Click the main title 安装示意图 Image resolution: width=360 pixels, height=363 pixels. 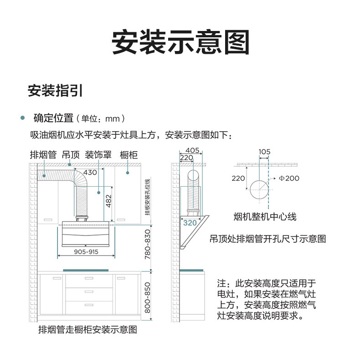click(180, 43)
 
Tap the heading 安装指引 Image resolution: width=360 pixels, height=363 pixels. click(55, 90)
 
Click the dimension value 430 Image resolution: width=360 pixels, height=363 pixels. click(90, 173)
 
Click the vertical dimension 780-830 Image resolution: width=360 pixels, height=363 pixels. click(147, 245)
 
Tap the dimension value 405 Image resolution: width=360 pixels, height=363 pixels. click(192, 150)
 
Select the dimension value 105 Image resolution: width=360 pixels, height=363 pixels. click(264, 152)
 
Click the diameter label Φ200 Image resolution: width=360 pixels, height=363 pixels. click(289, 178)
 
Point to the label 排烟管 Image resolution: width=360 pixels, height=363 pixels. click(43, 154)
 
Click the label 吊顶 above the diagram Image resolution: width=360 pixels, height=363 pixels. click(71, 154)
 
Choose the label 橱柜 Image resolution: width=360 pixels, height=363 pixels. click(129, 154)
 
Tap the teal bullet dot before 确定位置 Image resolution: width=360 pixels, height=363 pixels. click(22, 118)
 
